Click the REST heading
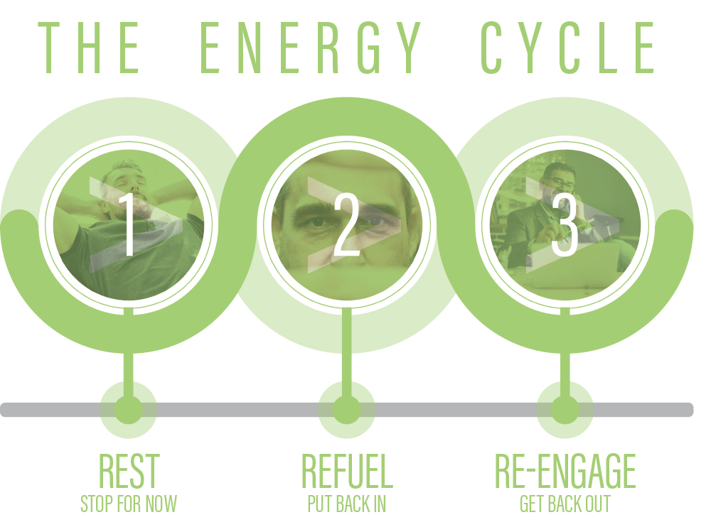pos(128,469)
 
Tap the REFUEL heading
pos(347,469)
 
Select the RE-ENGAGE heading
pos(565,469)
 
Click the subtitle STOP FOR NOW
pos(128,504)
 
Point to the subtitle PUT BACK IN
pos(347,504)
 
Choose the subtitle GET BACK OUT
pos(565,504)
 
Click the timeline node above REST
pos(128,410)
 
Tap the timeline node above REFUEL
pos(347,410)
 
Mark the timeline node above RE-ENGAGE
pos(565,410)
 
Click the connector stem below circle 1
pos(128,366)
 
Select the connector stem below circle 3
pos(565,366)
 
